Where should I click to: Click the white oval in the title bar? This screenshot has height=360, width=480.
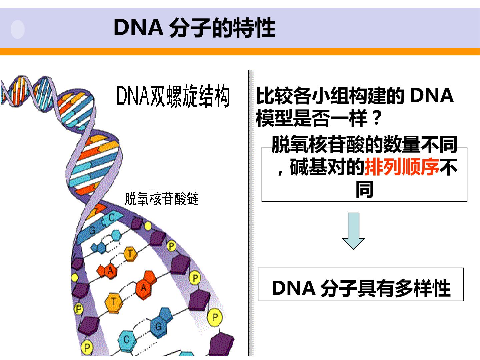[x=17, y=30]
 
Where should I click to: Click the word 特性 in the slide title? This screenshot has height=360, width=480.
[x=254, y=28]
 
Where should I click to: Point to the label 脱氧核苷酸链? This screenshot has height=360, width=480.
[x=162, y=198]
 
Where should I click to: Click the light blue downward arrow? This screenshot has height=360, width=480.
[x=353, y=231]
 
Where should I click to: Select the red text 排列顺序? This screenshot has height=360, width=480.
[x=402, y=167]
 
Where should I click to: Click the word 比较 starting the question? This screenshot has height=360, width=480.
[x=274, y=96]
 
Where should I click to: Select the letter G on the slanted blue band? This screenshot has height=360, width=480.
[x=92, y=230]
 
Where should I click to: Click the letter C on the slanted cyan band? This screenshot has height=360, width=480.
[x=112, y=218]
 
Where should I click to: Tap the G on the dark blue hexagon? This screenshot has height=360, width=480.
[x=158, y=327]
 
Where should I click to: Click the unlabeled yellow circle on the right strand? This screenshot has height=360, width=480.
[x=148, y=226]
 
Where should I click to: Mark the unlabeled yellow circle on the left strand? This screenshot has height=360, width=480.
[x=75, y=277]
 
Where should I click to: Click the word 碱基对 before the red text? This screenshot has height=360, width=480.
[x=318, y=167]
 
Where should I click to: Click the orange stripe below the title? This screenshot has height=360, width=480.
[x=240, y=52]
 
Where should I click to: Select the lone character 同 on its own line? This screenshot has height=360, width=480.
[x=364, y=189]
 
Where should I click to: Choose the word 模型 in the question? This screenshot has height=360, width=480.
[x=274, y=118]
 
